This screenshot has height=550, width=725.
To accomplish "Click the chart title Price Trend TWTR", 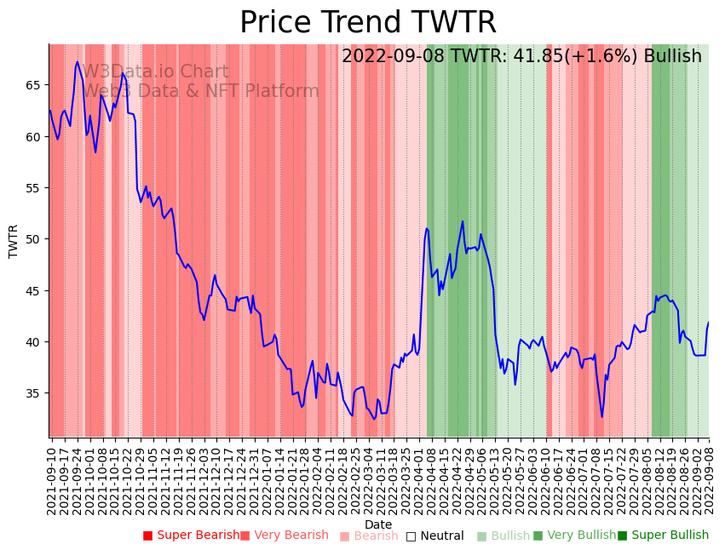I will tap(367, 23).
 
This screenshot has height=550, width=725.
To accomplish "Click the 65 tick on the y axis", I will tap(35, 85).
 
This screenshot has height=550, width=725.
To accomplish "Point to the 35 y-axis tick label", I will tap(35, 393).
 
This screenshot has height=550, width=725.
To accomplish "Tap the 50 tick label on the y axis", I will tap(35, 239).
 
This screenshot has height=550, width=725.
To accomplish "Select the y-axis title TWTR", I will tap(14, 241).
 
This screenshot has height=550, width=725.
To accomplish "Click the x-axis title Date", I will tap(378, 524).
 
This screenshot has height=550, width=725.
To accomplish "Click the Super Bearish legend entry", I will tap(192, 536).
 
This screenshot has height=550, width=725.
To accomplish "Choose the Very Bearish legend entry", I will tap(285, 536).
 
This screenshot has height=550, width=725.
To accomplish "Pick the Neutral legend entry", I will tap(435, 536).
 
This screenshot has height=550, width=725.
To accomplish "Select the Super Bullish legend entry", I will tap(663, 536).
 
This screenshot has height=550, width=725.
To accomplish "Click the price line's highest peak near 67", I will tap(78, 62).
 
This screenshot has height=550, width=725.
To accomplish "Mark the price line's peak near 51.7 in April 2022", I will tap(463, 221).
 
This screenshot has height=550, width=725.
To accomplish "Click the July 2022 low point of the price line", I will tap(601, 416).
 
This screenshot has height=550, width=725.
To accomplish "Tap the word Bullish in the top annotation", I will tap(673, 56).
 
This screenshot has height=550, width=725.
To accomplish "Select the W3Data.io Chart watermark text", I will tap(155, 72).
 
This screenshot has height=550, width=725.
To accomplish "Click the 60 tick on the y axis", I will tap(35, 136).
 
